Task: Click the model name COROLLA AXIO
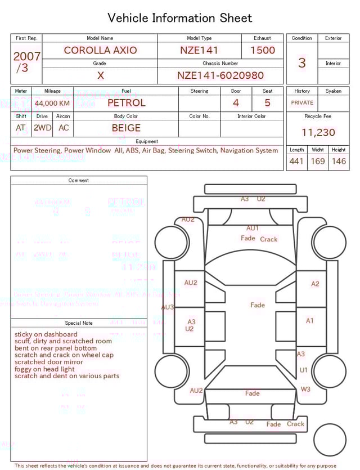coord(100,50)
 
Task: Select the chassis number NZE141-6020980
coord(220,75)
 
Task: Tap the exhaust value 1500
coord(263,50)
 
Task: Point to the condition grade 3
coord(301,62)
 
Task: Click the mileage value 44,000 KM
coord(52,103)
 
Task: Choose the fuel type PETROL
coord(126,102)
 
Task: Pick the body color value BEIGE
coord(126,128)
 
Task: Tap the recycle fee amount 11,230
coord(318,133)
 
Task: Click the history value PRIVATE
coord(302,103)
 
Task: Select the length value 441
coord(296,162)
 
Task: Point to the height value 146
coord(339,162)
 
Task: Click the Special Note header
coord(79,323)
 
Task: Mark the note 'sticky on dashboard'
coord(46,334)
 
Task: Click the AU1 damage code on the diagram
coord(253,228)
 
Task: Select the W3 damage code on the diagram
coord(305,389)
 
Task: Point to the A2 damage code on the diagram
coord(315,284)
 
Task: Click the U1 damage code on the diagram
coord(304,370)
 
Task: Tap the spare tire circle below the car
coord(330,440)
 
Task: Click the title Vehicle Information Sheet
coord(180,18)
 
